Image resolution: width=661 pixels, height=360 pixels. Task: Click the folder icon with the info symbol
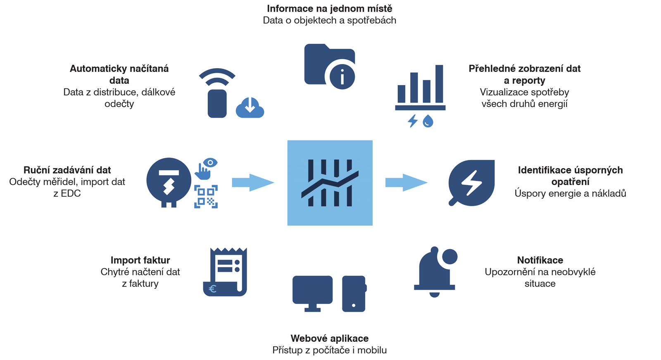[x=329, y=66]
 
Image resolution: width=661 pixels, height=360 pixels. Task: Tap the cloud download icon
[x=250, y=107]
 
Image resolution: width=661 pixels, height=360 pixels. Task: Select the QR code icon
[x=206, y=196]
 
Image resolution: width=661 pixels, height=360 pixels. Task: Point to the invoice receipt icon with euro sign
[x=225, y=272]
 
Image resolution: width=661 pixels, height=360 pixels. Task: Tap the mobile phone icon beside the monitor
[x=354, y=293]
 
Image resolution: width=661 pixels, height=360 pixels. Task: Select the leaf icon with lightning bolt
[x=472, y=183]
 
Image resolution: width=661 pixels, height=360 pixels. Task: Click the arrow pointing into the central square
[x=253, y=182]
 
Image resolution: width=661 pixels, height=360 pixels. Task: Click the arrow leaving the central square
[x=406, y=182]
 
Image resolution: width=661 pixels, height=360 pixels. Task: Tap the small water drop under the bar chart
[x=428, y=121]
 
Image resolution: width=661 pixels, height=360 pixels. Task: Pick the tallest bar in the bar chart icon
[x=439, y=83]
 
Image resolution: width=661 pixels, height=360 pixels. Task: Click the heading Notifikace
[x=540, y=260]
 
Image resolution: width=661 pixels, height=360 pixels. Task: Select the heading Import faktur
[x=140, y=260]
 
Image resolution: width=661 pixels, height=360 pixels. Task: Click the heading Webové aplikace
[x=329, y=338]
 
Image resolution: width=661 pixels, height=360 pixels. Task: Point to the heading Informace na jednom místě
[x=329, y=8]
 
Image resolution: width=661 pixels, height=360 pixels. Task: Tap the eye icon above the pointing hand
[x=211, y=162]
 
